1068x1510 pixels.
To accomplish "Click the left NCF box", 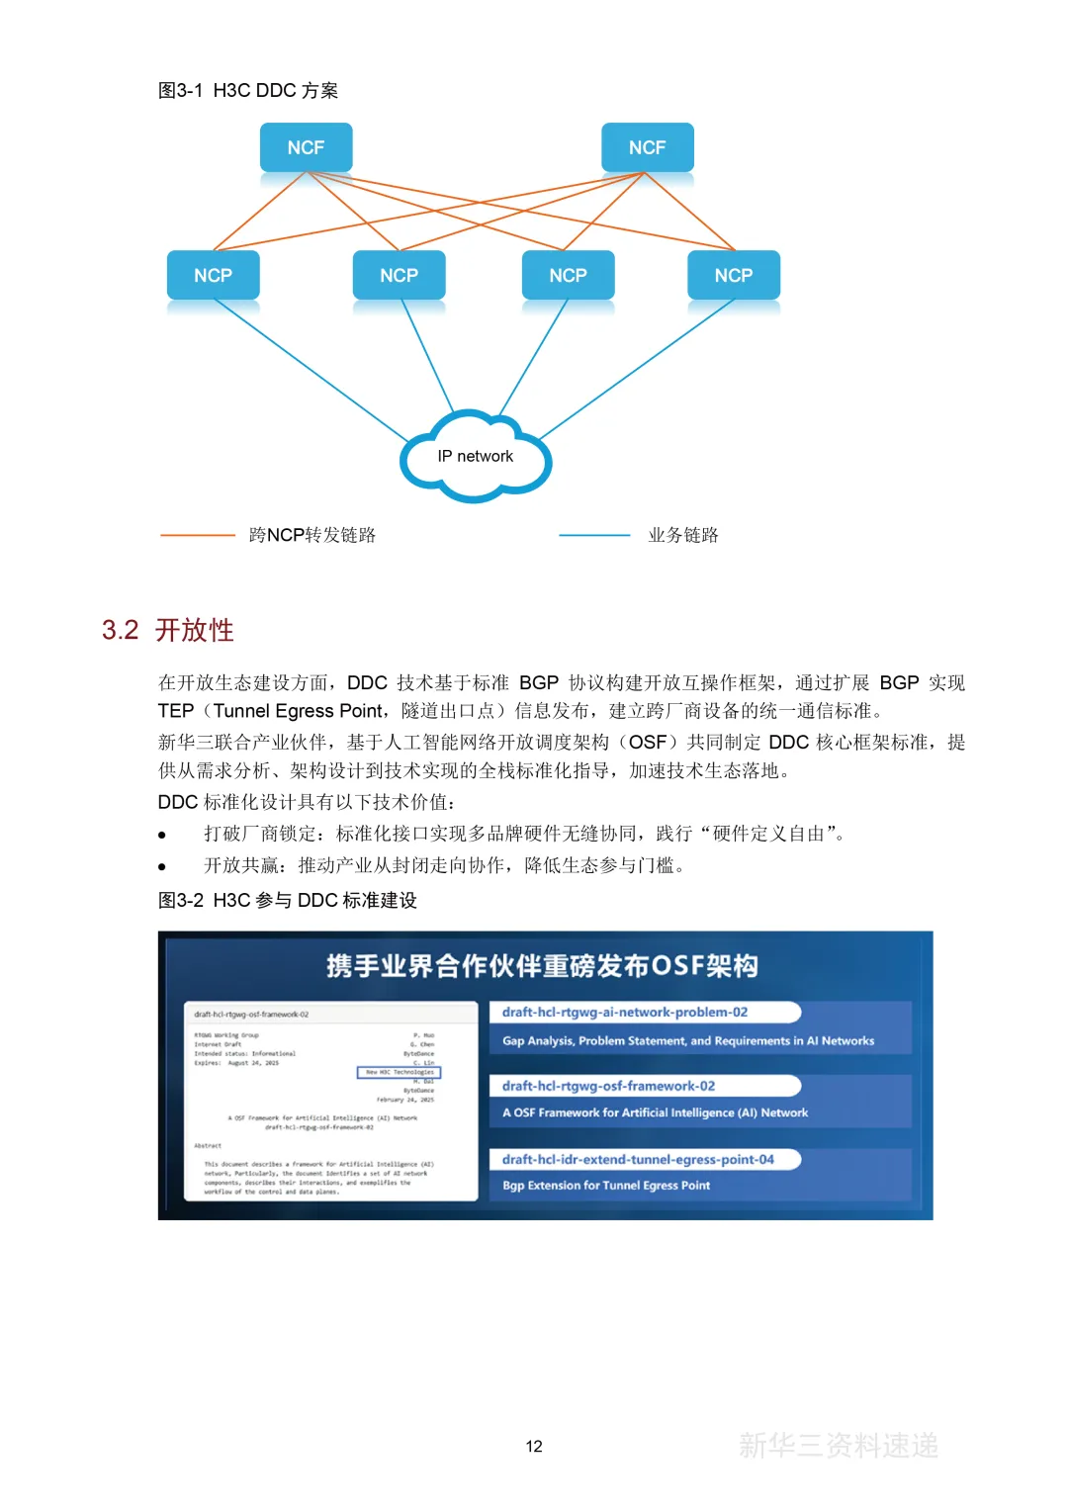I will click(306, 147).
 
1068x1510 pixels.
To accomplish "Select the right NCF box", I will click(647, 147).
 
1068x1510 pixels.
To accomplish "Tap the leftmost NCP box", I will click(213, 275).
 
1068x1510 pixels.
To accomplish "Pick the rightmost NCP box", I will click(733, 275).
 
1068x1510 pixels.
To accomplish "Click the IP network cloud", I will click(476, 457).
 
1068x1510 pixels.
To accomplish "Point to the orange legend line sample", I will click(198, 535).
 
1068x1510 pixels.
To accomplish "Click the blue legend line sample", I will click(594, 535).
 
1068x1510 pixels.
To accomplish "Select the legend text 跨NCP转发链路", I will click(312, 535).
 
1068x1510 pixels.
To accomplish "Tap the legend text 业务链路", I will click(683, 535).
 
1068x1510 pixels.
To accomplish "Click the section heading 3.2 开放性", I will click(168, 630).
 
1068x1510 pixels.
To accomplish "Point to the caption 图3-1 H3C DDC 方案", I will click(248, 91).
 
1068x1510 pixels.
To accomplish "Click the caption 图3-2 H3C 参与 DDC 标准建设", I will click(288, 900).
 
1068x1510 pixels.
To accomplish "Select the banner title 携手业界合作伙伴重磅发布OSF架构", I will click(542, 965).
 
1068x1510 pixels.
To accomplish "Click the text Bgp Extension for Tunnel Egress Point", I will click(606, 1185).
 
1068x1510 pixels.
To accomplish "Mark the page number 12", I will click(534, 1446).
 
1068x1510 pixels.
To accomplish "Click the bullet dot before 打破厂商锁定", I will click(162, 835).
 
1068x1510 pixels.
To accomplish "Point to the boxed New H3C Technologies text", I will click(400, 1072).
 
